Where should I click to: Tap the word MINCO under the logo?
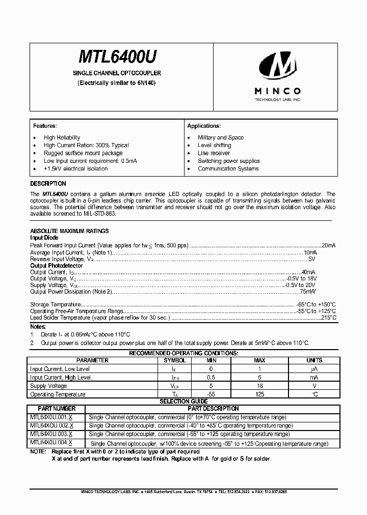(277, 91)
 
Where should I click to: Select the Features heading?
(45, 126)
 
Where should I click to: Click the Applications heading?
(203, 126)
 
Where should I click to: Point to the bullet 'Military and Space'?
(221, 137)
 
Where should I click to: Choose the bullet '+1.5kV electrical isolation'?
(75, 168)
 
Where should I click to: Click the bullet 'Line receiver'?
(214, 153)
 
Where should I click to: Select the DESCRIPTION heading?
(48, 184)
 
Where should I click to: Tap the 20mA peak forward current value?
(329, 245)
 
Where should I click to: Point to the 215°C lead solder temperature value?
(328, 317)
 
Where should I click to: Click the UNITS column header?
(314, 360)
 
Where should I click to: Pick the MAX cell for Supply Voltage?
(259, 386)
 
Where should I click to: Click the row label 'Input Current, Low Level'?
(60, 369)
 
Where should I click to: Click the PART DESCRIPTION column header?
(213, 409)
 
